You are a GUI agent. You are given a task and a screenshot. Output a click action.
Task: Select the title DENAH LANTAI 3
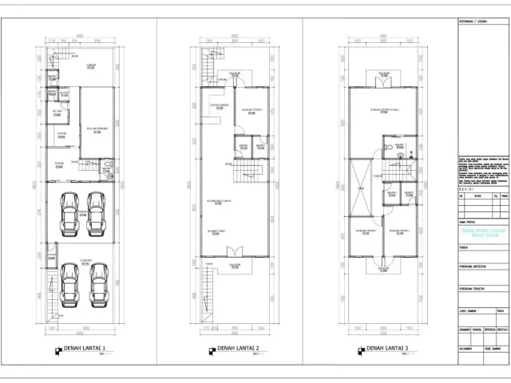coord(386,349)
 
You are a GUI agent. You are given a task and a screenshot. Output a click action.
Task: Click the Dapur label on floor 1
coord(60,134)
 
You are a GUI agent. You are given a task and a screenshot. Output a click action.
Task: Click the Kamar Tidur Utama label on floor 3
coord(384,111)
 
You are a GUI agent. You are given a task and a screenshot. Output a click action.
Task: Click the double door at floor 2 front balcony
coord(235,257)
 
